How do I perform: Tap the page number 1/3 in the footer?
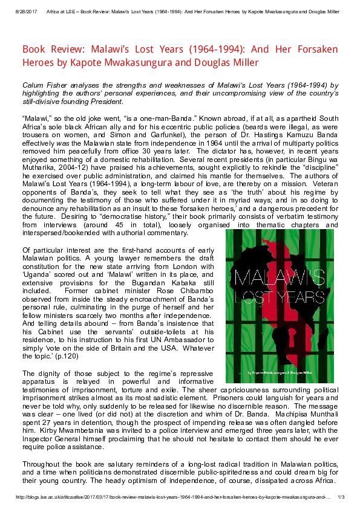[341, 497]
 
